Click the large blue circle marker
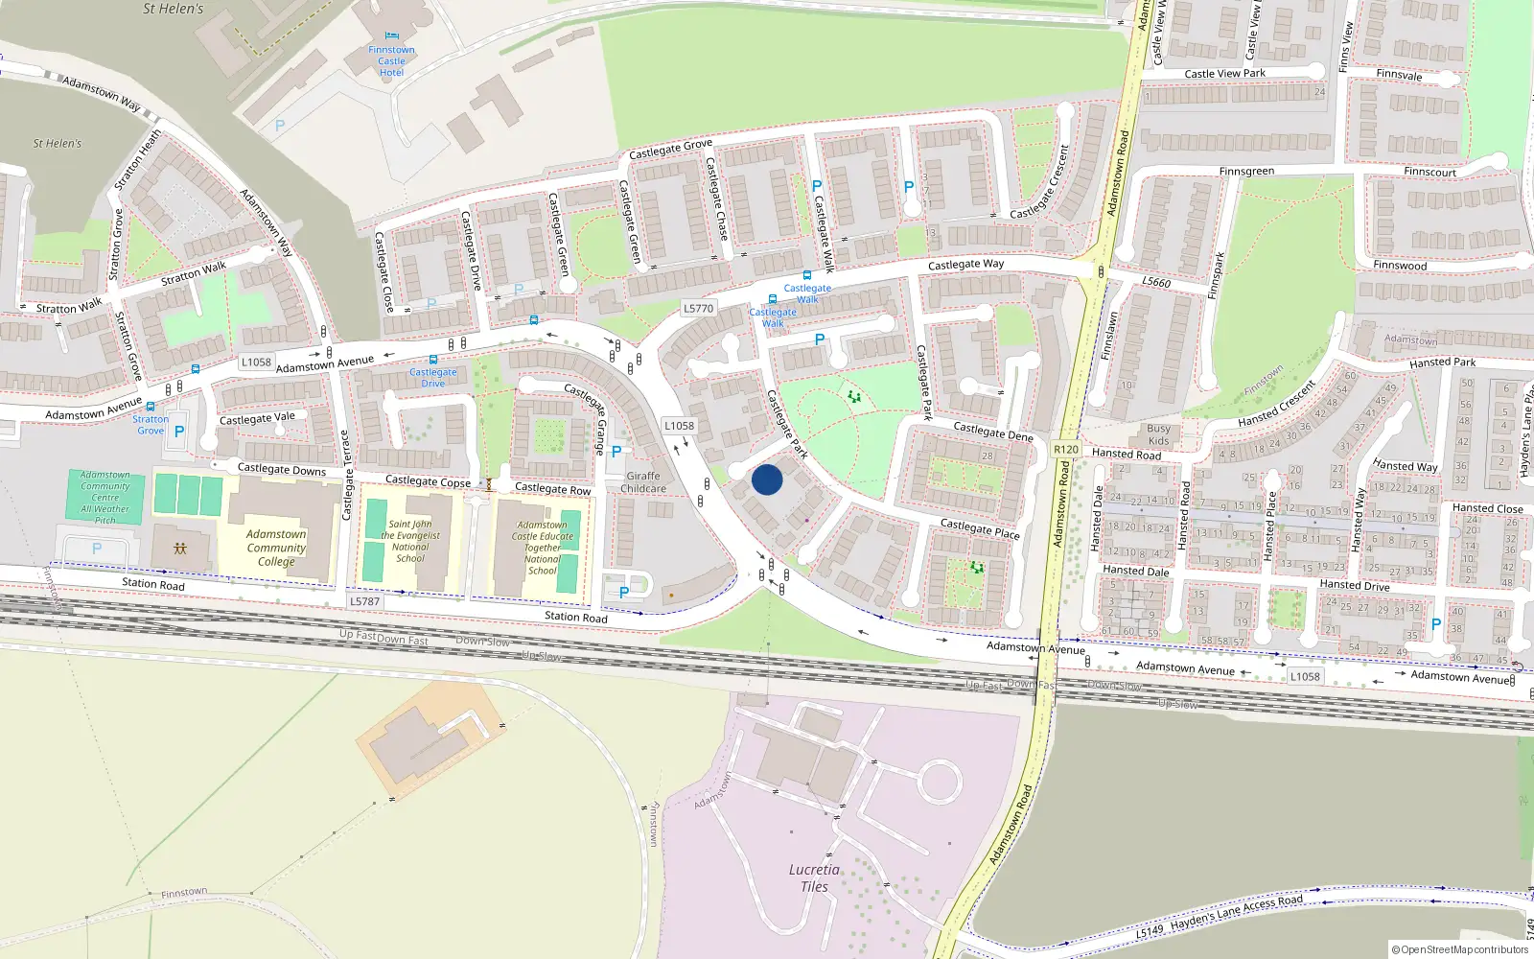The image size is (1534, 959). [767, 479]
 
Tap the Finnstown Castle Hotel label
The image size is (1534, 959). [391, 61]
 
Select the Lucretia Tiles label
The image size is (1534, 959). [814, 878]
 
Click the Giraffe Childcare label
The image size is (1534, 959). [643, 482]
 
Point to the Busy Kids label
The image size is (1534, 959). [1158, 435]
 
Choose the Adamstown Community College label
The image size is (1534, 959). [276, 548]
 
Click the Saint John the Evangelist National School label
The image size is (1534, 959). [410, 542]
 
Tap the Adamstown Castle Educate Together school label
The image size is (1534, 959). [543, 548]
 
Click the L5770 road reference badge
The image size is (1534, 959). [698, 309]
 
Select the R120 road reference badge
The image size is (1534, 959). [1065, 449]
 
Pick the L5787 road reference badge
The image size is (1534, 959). [364, 601]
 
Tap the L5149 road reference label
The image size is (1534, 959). [1150, 931]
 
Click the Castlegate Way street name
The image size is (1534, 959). [965, 264]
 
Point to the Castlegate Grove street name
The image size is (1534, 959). [670, 149]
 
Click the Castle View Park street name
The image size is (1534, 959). [1224, 74]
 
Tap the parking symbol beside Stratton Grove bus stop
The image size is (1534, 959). [179, 432]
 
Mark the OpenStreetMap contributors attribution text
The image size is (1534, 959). [1460, 950]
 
